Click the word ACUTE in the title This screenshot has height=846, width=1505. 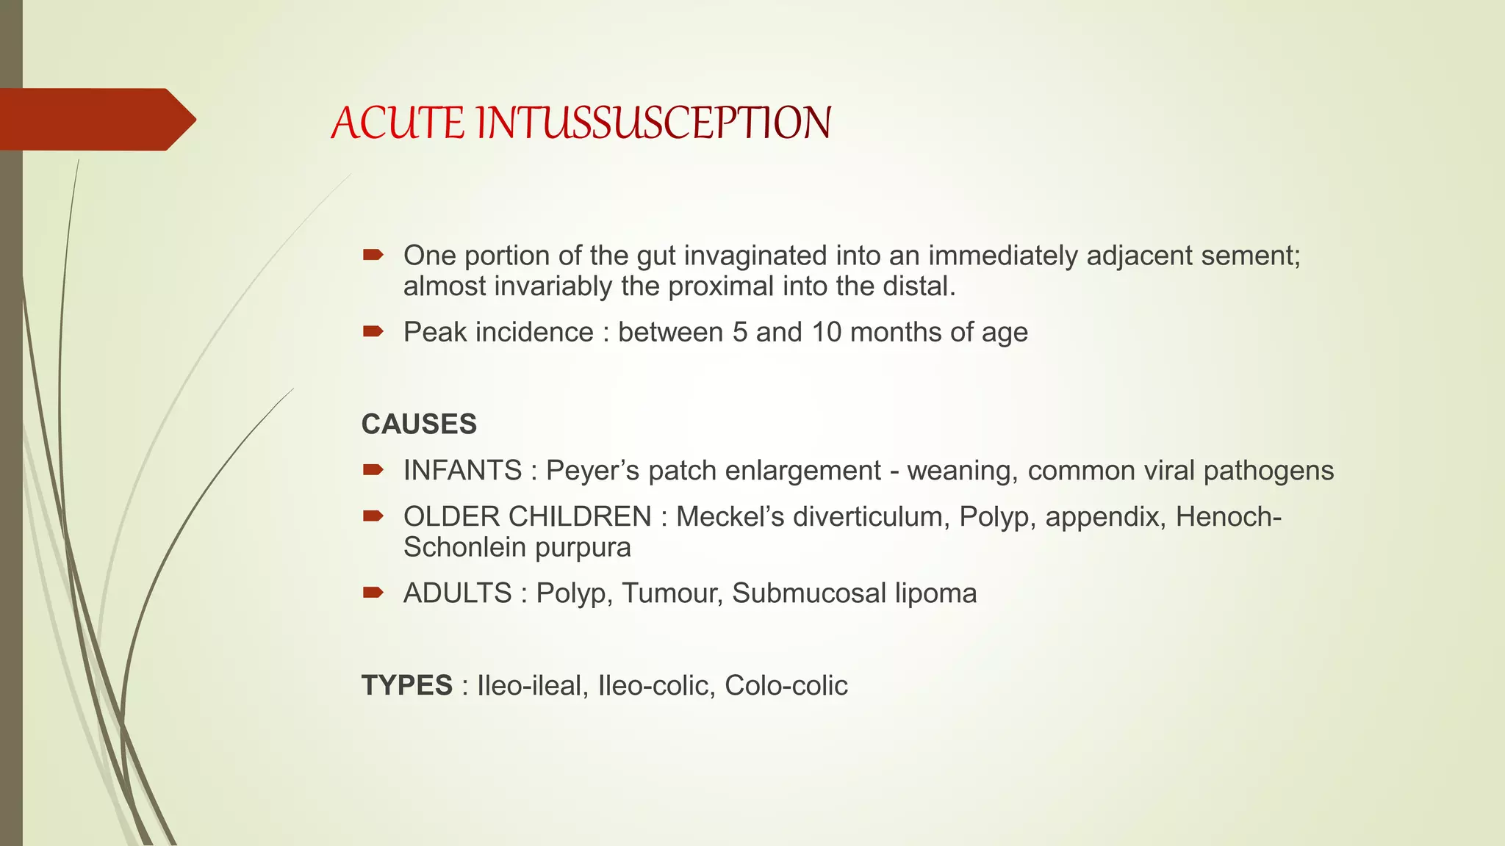coord(398,123)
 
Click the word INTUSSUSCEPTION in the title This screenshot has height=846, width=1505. coord(653,123)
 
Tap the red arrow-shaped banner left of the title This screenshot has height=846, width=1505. coord(96,120)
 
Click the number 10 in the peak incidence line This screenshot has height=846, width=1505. coord(826,332)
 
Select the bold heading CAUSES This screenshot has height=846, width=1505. coord(419,424)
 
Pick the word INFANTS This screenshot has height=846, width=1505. coord(462,471)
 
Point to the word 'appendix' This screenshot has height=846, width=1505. coord(1104,517)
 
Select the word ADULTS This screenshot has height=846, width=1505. coord(457,593)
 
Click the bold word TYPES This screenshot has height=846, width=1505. coord(406,685)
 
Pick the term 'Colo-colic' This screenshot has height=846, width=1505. coord(786,685)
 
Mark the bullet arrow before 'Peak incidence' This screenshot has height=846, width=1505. coord(373,332)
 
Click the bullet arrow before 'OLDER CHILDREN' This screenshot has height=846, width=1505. coord(373,516)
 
